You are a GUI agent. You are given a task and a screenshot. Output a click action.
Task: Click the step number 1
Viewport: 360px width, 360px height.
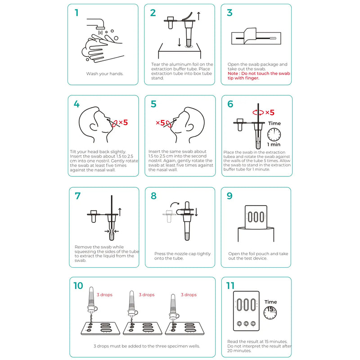(x=76, y=13)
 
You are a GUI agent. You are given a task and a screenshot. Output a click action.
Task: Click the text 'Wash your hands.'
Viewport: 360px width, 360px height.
(x=104, y=73)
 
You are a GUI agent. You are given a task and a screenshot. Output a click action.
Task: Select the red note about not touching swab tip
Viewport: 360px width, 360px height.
(x=258, y=76)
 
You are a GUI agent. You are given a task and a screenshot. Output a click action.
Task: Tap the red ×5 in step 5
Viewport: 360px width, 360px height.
(x=161, y=122)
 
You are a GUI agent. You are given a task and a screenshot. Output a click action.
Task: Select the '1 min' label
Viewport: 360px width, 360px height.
(x=274, y=145)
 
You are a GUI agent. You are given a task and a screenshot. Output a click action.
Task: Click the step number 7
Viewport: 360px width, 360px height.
(x=77, y=196)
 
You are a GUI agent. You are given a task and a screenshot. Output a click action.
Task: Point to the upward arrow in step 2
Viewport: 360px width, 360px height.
(x=199, y=16)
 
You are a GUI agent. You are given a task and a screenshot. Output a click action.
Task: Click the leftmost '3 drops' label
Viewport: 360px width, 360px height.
(x=104, y=295)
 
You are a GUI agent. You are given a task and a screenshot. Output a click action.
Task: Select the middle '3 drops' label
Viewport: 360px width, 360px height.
(x=146, y=295)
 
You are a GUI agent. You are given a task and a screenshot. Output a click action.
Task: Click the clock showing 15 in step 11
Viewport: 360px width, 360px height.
(x=270, y=312)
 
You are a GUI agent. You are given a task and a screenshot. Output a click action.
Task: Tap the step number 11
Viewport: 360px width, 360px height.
(x=230, y=285)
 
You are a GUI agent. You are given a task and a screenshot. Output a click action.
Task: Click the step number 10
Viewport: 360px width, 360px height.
(x=78, y=285)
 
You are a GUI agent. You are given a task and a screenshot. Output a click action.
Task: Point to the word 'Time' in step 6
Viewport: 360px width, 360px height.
(x=274, y=123)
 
